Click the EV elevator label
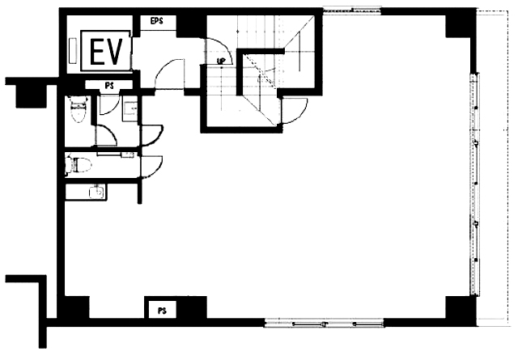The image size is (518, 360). (106, 51)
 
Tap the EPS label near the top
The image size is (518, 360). (156, 21)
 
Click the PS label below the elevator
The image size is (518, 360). (109, 86)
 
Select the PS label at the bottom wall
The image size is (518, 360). (162, 311)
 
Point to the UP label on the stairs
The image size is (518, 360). (221, 61)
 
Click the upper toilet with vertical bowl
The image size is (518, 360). (78, 109)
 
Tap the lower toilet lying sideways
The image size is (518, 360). (79, 165)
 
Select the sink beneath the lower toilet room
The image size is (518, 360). (97, 192)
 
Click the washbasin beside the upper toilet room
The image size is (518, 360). (130, 108)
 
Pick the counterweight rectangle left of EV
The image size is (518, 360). (73, 50)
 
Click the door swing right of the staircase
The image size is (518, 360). (295, 111)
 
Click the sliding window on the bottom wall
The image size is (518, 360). (324, 323)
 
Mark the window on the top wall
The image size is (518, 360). (352, 11)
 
